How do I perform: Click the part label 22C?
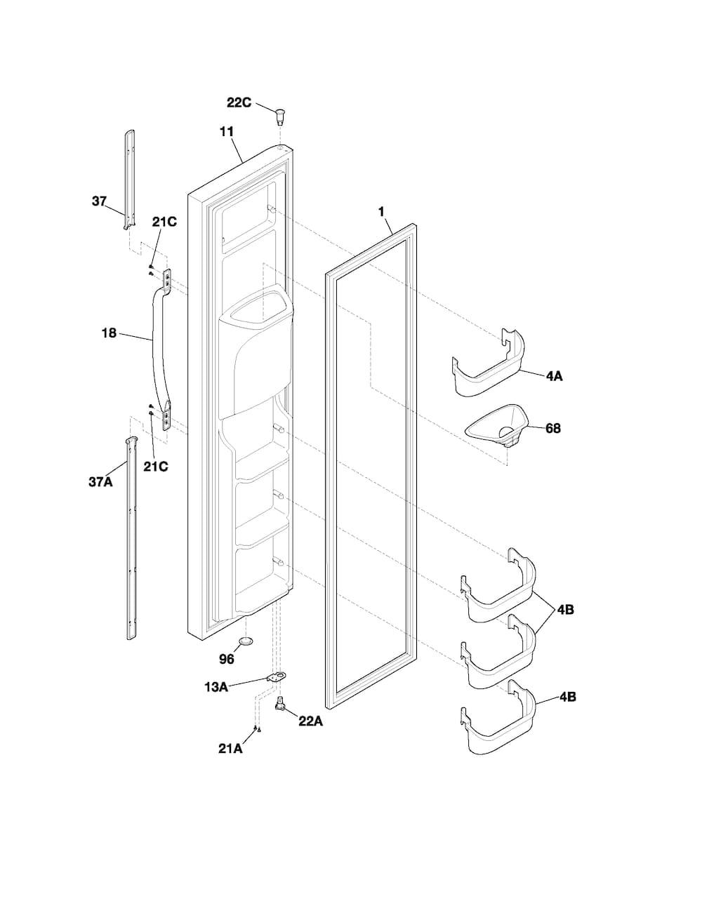pyautogui.click(x=239, y=102)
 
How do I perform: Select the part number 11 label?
pyautogui.click(x=227, y=132)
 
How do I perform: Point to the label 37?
pyautogui.click(x=99, y=201)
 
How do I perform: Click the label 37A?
pyautogui.click(x=100, y=482)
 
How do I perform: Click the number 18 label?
pyautogui.click(x=109, y=333)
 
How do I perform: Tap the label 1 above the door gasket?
pyautogui.click(x=381, y=212)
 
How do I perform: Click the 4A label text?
pyautogui.click(x=554, y=376)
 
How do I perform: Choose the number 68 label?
pyautogui.click(x=553, y=428)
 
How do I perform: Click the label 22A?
pyautogui.click(x=310, y=721)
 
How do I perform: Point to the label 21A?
pyautogui.click(x=230, y=749)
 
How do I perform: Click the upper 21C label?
pyautogui.click(x=164, y=222)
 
